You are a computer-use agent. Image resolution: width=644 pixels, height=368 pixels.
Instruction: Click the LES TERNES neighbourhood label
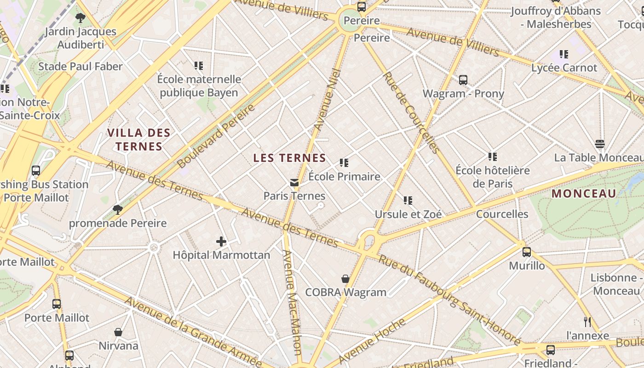289,158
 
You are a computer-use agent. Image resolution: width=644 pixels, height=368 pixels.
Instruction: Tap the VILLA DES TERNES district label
139,140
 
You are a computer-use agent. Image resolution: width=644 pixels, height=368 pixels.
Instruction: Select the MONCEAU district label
583,194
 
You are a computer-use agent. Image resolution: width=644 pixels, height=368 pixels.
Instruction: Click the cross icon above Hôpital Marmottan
221,241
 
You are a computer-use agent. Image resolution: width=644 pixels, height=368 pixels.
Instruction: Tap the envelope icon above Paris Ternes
294,183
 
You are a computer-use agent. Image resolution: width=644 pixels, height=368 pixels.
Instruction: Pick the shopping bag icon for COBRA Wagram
345,279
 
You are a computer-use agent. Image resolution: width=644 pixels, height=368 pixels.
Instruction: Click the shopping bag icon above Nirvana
118,332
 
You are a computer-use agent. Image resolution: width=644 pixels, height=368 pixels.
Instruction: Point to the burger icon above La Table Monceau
599,144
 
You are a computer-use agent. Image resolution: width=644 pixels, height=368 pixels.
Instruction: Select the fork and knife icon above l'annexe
587,322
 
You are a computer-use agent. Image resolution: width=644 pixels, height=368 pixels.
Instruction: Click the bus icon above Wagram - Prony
463,80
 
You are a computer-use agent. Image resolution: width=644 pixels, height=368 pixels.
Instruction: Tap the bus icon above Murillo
527,252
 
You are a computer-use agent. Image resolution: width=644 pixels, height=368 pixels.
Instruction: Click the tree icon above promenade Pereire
118,210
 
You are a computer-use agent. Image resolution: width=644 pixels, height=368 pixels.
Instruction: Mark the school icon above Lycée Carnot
564,54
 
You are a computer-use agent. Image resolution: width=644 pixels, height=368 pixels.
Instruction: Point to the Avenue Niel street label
328,99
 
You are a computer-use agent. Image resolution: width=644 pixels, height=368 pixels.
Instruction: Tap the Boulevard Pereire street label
216,136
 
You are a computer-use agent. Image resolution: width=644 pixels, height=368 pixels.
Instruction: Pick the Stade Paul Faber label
80,67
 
